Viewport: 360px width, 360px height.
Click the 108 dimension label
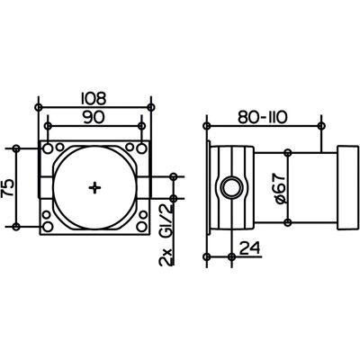coord(94,99)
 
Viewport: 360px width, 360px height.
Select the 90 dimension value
coord(94,117)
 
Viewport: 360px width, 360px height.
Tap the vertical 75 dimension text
coord(8,188)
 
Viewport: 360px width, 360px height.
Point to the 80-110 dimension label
coord(263,118)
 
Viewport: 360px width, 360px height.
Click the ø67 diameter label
coord(280,189)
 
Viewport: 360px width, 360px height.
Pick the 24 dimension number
coord(249,247)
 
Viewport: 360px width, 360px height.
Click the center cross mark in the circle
coord(94,188)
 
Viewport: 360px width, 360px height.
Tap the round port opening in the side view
coord(231,188)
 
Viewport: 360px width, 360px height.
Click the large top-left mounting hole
coord(47,148)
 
